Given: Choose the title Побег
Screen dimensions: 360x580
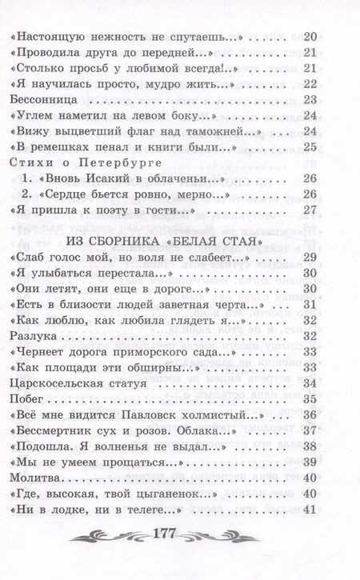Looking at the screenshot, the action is tap(25, 399).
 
